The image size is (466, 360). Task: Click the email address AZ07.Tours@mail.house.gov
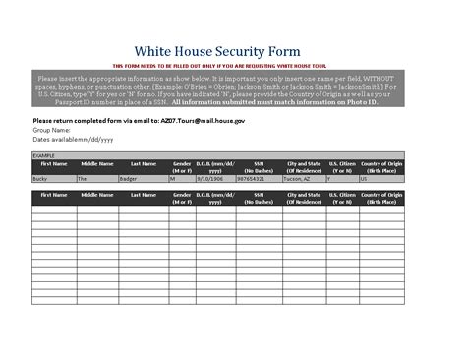point(202,119)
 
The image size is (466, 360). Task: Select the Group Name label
point(51,129)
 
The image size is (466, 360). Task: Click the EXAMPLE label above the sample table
point(43,154)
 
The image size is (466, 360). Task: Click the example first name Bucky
point(40,180)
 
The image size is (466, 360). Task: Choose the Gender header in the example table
point(182,166)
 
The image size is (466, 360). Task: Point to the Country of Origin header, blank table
point(381,199)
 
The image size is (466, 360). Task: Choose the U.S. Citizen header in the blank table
point(342,199)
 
